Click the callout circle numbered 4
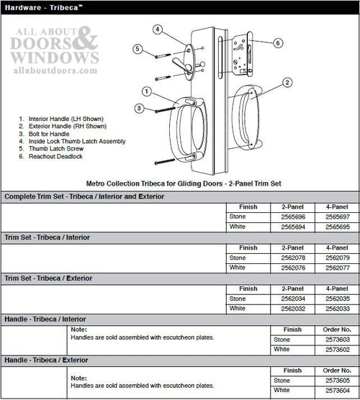(x=158, y=29)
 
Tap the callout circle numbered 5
(x=137, y=48)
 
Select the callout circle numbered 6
(x=278, y=43)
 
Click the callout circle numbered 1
(x=146, y=91)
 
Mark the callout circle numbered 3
(x=139, y=108)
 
